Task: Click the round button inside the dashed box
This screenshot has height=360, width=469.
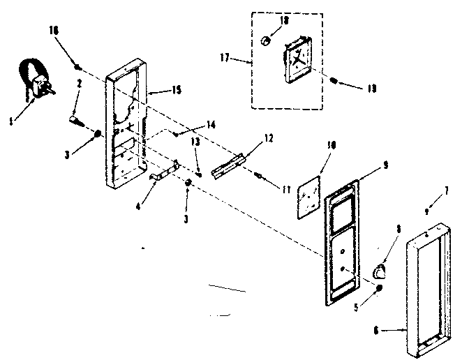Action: (265, 43)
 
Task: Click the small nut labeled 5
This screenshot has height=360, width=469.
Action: (378, 287)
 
